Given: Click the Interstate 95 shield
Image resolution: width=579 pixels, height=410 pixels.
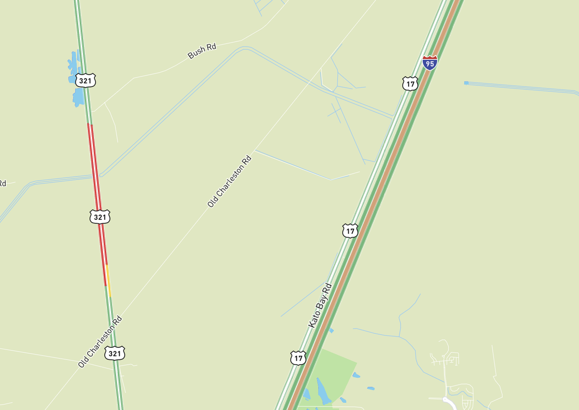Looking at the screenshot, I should tap(429, 63).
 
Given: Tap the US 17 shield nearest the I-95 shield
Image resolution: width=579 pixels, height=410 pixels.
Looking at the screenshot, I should tap(410, 83).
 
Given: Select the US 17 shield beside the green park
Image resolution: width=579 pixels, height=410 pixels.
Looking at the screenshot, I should tap(298, 357).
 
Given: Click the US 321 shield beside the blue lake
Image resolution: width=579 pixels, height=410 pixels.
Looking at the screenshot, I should tap(85, 80).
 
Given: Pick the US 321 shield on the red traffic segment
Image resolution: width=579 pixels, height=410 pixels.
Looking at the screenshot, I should tap(100, 217).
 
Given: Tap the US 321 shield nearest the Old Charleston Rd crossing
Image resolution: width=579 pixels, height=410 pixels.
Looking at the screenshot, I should tap(115, 353).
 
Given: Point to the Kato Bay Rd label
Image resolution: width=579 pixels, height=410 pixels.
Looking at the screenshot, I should tap(320, 306).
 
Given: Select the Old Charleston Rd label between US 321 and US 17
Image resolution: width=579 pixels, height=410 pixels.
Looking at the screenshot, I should tap(230, 181).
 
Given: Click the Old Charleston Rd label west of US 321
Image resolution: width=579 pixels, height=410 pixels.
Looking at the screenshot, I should tap(100, 342).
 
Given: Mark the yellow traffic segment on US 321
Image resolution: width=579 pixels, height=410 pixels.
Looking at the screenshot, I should tap(109, 281).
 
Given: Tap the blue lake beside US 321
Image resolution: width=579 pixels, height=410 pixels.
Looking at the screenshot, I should tap(77, 96).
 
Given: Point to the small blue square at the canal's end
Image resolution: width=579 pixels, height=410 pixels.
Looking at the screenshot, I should tap(466, 83).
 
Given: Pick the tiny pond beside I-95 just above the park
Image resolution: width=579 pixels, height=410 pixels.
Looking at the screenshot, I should tap(331, 331).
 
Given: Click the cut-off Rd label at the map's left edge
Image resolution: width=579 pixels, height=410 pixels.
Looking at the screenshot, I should tap(2, 183).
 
